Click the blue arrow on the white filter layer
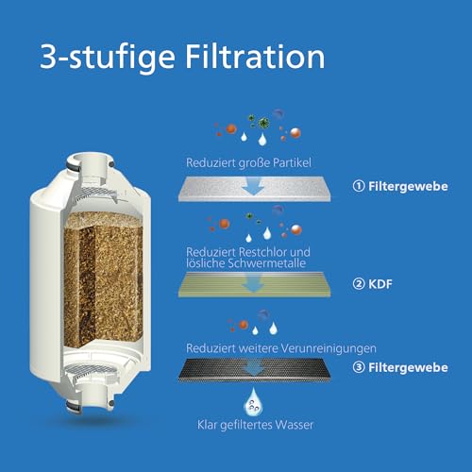252,188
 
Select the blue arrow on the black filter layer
252,367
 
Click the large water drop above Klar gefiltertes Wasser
252,405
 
